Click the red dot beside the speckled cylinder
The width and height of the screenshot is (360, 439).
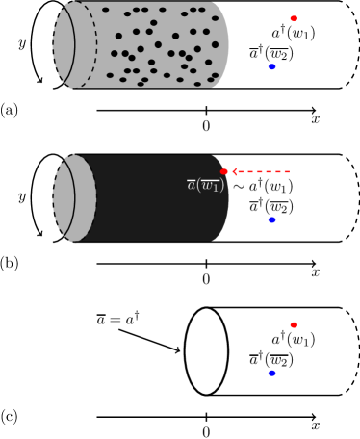tap(294, 18)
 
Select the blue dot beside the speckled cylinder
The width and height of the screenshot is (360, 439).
tap(271, 66)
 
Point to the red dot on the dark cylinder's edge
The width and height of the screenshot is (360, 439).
tap(224, 171)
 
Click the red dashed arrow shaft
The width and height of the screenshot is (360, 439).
tap(262, 171)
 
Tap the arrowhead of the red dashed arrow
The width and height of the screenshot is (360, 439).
tap(234, 171)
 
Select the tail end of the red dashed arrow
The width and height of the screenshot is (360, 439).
tap(288, 171)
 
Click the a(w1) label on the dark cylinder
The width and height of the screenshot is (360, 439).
tap(205, 185)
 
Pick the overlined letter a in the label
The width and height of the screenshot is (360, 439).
tap(192, 184)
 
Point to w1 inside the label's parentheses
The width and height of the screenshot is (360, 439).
tap(211, 185)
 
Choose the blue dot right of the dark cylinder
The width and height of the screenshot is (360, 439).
tap(271, 219)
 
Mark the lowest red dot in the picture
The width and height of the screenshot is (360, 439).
tap(294, 324)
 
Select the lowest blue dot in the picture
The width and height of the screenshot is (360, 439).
tap(271, 373)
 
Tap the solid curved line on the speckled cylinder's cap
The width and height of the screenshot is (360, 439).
tap(74, 44)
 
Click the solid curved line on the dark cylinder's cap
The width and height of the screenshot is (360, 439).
tap(74, 197)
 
